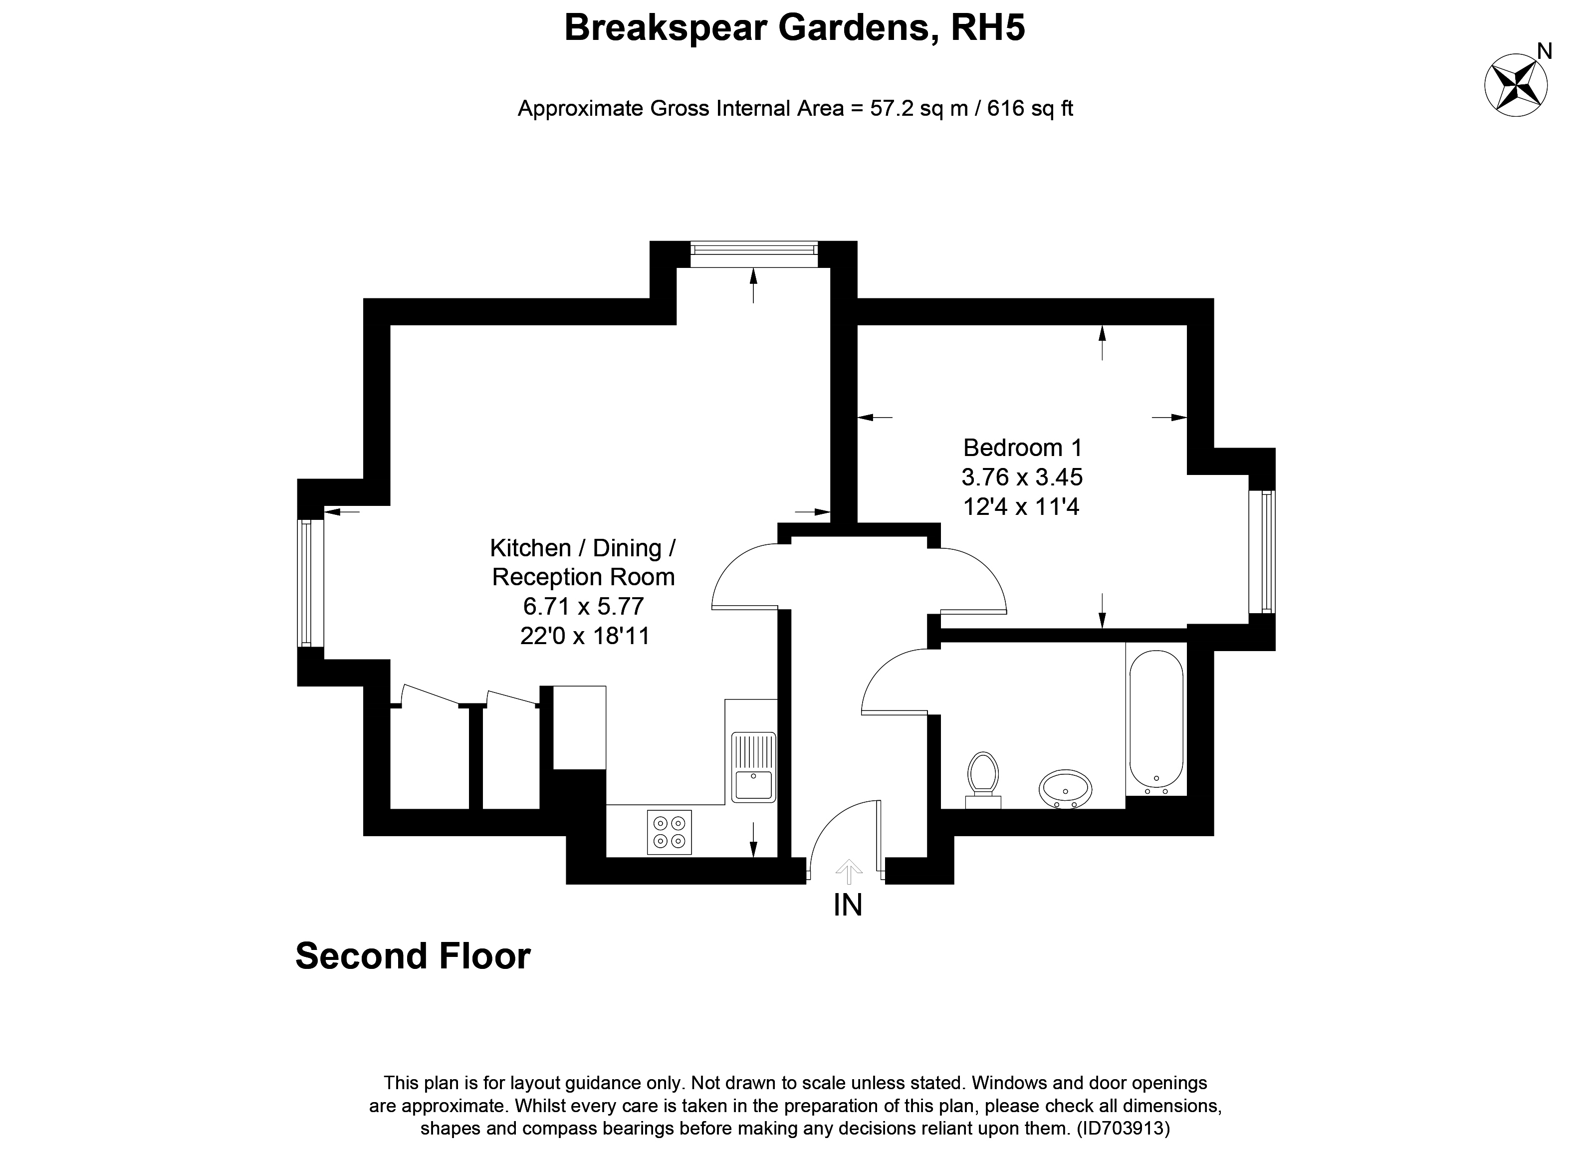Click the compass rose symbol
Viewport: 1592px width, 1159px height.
(x=1516, y=86)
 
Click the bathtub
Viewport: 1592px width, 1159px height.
(x=1155, y=720)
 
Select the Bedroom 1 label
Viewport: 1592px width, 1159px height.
(x=1022, y=447)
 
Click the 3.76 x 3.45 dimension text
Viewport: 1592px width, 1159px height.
(x=1022, y=477)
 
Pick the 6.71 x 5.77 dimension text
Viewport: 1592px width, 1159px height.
(x=583, y=606)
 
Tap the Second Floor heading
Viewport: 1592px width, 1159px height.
(x=413, y=956)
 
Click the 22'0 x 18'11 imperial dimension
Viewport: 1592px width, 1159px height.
(x=585, y=636)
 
